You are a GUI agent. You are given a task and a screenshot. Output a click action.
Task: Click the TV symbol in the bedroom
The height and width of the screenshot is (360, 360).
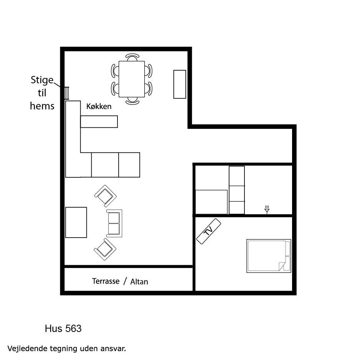[209, 231]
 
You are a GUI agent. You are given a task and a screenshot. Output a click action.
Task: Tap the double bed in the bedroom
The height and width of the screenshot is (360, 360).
[269, 256]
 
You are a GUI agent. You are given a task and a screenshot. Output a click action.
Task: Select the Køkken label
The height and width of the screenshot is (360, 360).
[99, 106]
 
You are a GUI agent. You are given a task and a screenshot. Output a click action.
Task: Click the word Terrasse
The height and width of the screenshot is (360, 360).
[106, 281]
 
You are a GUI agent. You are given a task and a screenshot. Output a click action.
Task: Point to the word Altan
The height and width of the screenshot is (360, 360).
[139, 281]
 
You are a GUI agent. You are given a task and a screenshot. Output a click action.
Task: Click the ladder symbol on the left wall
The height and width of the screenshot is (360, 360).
[66, 93]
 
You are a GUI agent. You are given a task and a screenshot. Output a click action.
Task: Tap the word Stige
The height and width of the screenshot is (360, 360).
[42, 80]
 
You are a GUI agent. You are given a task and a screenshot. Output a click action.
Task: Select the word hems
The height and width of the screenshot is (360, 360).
[42, 106]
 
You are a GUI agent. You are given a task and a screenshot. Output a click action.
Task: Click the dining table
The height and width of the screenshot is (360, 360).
[132, 79]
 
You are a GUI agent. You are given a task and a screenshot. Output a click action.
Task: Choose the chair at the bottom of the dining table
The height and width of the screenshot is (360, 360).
[132, 101]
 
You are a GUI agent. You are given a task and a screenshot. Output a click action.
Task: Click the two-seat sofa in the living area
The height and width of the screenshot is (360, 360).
[114, 223]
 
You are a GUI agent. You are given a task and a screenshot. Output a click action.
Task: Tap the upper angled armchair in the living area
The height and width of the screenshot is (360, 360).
[106, 196]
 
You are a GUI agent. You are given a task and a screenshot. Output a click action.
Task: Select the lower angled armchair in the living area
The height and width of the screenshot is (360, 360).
[105, 249]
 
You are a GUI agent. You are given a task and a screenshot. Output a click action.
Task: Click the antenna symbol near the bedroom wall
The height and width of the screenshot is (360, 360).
[267, 210]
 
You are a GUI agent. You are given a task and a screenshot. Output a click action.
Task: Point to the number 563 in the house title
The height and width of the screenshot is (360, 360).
[73, 329]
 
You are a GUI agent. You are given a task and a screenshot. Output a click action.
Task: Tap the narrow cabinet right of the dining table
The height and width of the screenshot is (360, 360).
[180, 84]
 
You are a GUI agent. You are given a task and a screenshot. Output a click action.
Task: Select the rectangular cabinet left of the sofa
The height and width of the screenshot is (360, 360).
[76, 223]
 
